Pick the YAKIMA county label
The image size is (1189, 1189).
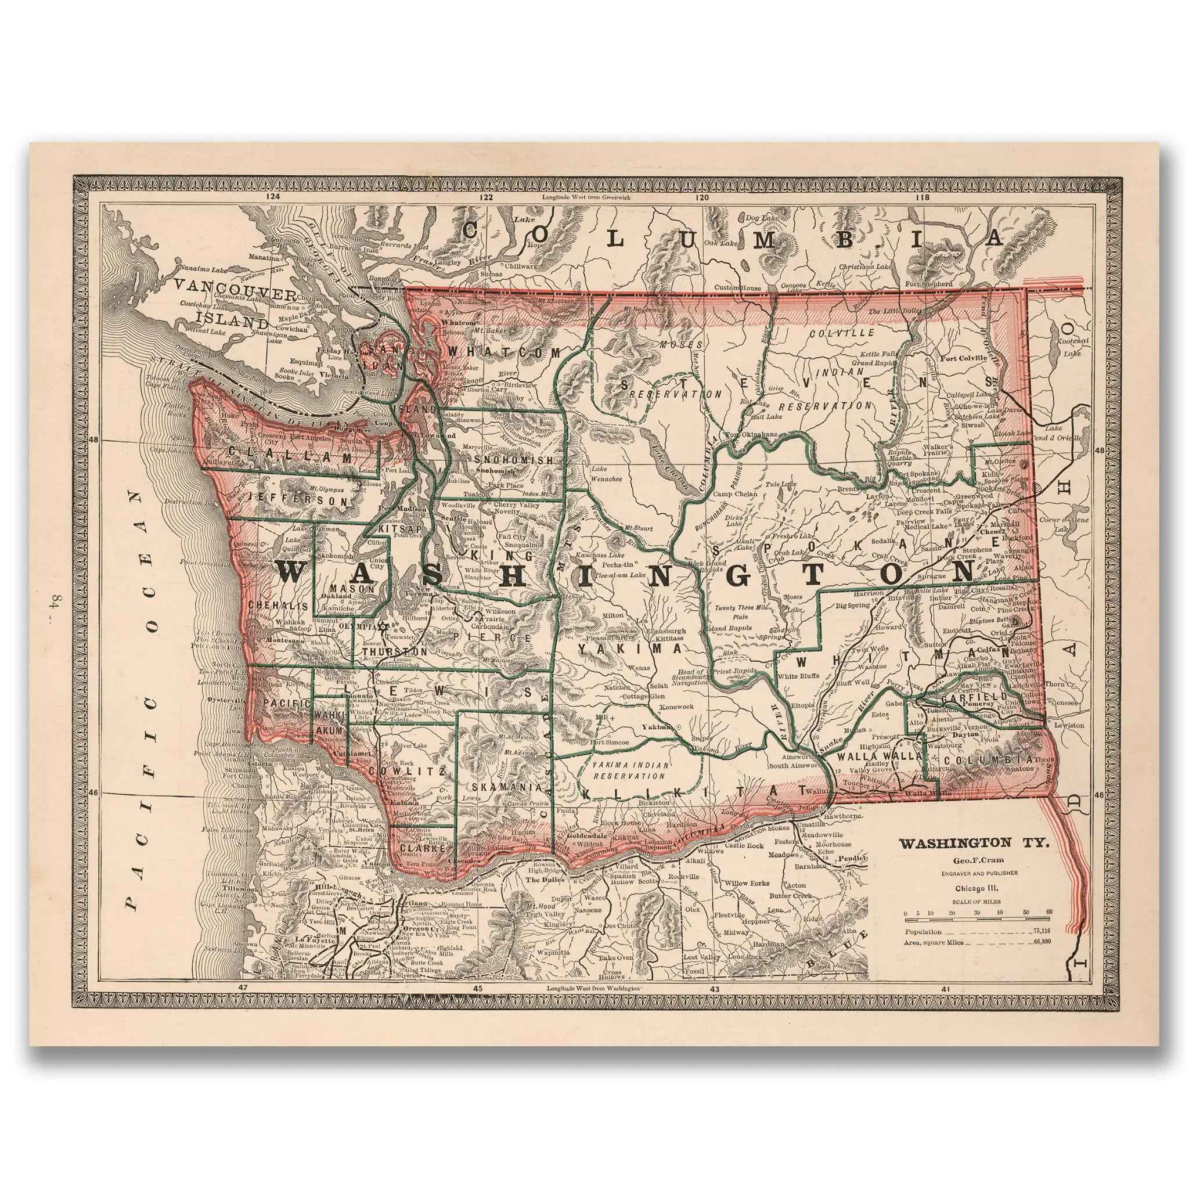coord(630,648)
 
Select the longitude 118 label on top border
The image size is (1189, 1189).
coord(921,197)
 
